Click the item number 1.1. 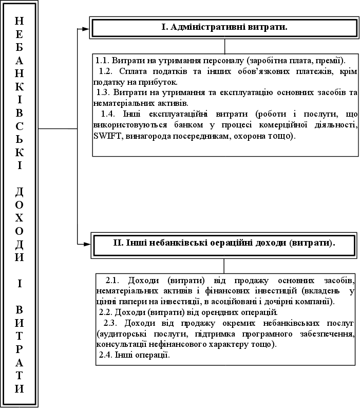click(x=102, y=59)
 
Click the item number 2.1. click(x=112, y=280)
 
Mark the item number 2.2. click(x=106, y=312)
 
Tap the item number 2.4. click(x=106, y=355)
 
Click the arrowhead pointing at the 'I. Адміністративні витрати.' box click(x=86, y=28)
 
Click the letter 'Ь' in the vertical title click(x=19, y=139)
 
